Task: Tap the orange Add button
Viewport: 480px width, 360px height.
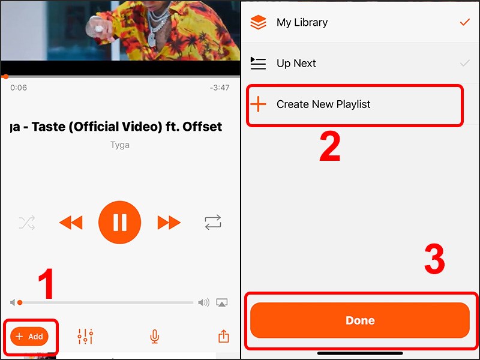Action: coord(29,337)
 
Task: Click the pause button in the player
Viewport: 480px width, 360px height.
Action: coord(120,223)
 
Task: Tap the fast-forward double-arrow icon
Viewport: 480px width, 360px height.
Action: coord(169,223)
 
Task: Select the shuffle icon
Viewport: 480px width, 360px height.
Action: coord(27,223)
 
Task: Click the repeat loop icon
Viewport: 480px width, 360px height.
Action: coord(213,223)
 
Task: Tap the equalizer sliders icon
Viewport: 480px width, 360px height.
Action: coord(85,337)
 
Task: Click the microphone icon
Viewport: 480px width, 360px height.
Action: coord(154,337)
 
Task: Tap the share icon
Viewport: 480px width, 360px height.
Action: coord(224,337)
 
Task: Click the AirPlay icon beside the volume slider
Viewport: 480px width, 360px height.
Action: coord(222,303)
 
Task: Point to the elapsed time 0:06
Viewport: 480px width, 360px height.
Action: coord(19,88)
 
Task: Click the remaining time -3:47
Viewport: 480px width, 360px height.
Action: coord(220,88)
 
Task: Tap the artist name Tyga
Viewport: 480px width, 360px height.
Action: coord(120,145)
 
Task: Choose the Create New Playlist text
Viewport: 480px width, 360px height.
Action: coord(323,104)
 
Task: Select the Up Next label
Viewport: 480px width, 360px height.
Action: coord(296,64)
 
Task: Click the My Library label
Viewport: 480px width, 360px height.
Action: coord(302,23)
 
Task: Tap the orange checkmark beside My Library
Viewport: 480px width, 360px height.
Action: coord(464,22)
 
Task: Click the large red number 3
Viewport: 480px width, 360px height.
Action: coord(434,260)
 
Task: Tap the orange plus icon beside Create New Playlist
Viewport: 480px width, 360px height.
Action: coord(258,104)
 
